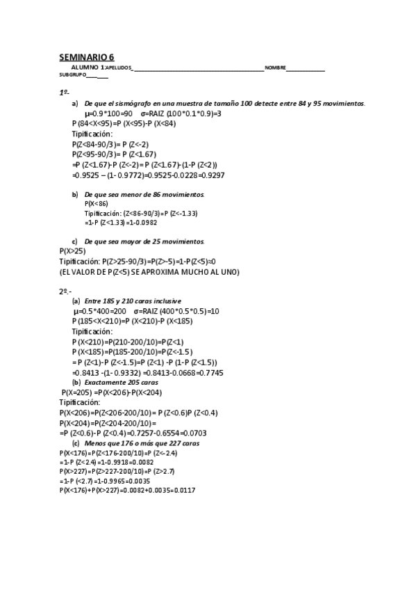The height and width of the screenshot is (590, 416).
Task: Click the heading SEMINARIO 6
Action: (87, 57)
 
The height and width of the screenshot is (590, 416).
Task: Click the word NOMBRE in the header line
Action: (274, 67)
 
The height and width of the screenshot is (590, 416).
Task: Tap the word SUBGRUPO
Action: (72, 74)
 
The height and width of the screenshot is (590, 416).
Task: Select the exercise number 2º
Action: (65, 292)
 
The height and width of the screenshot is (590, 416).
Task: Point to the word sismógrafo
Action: (132, 103)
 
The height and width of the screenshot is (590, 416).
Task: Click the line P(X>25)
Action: (72, 251)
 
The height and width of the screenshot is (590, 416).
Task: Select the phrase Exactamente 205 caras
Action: (121, 383)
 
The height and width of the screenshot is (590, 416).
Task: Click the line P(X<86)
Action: (96, 203)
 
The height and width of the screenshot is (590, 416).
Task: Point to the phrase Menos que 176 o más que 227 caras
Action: (142, 443)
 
